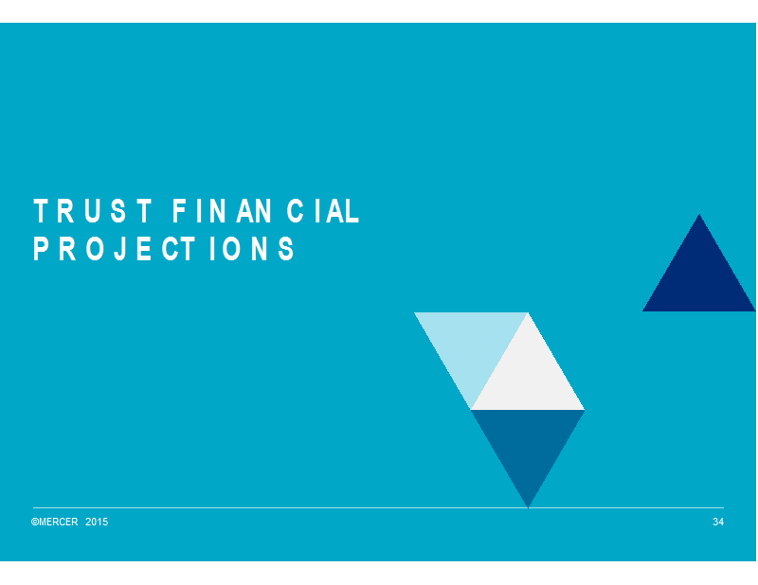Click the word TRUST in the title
coord(92,211)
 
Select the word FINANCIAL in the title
coord(266,211)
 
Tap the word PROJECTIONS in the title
coord(163,249)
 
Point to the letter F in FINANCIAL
coord(179,211)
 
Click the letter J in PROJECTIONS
coord(120,249)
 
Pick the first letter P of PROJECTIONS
coord(40,249)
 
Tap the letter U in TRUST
coord(92,211)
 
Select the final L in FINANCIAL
coord(352,211)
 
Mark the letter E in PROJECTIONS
coord(144,249)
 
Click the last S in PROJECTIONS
coord(287,249)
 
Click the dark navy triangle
coord(699,278)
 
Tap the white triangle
coord(528,378)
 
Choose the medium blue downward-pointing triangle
coord(528,442)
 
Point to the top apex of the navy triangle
coord(699,214)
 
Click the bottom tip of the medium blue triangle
coord(528,507)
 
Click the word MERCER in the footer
coord(58,522)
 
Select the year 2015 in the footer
coord(97,522)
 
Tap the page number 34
coord(718,522)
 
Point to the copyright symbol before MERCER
coord(35,522)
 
